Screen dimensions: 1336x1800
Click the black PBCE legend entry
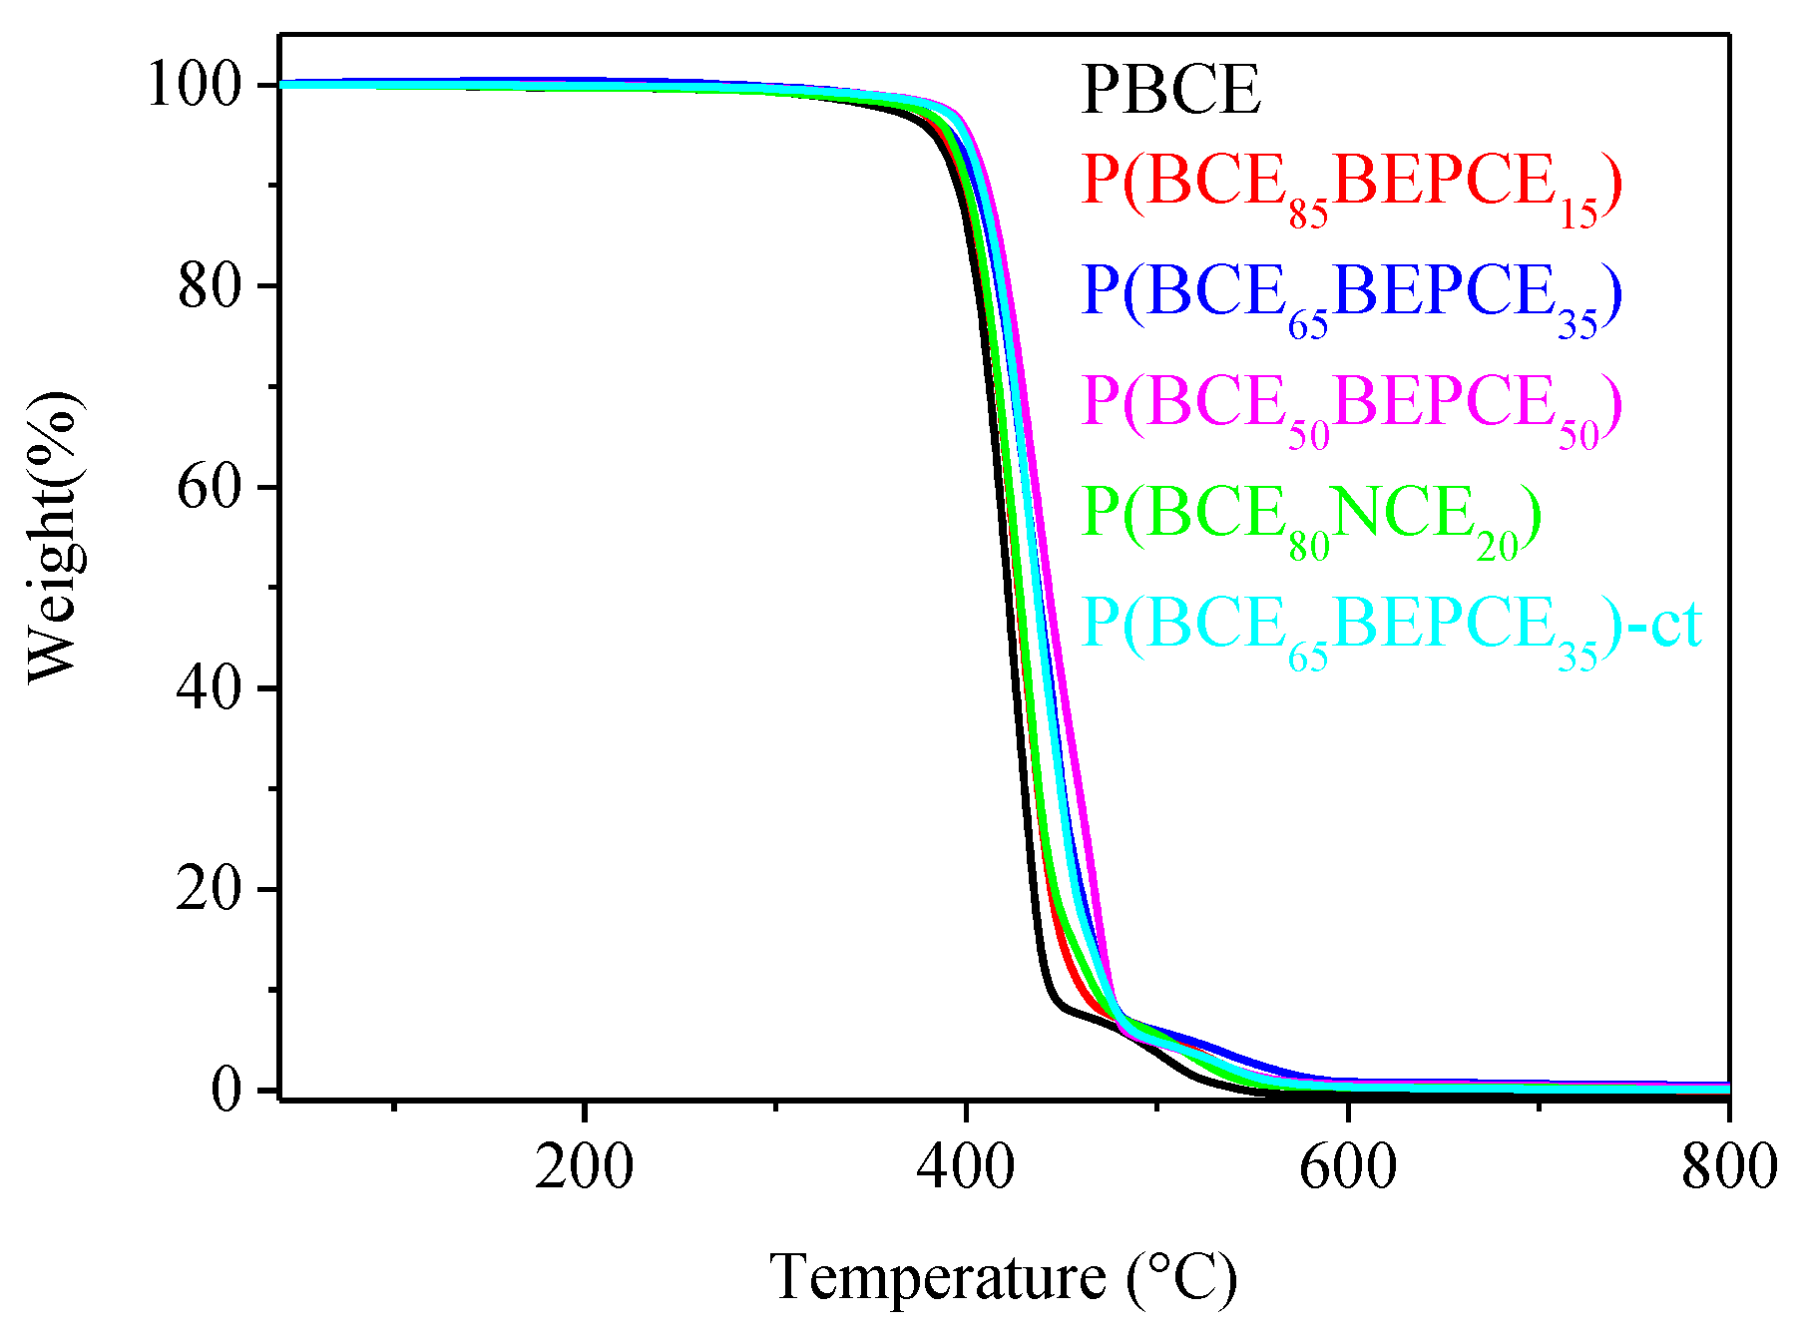pos(1170,90)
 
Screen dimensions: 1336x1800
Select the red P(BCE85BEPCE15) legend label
pos(1351,187)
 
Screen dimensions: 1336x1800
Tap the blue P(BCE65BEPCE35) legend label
pos(1351,296)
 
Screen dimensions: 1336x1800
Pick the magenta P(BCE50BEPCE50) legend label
pos(1351,407)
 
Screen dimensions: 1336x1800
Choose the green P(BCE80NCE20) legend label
pos(1311,519)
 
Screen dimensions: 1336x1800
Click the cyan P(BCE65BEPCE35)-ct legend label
pos(1391,629)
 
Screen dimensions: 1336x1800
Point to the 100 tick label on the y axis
pos(196,85)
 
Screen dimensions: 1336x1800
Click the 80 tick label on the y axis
pos(211,286)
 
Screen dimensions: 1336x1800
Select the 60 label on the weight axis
pos(211,488)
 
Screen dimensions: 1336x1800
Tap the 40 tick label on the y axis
pos(211,688)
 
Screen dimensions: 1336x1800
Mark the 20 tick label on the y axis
pos(211,889)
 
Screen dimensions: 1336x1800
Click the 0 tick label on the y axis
pos(227,1090)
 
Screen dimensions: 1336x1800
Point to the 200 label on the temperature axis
pos(584,1165)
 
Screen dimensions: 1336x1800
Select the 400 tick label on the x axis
pos(966,1165)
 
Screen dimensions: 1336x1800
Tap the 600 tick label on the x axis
pos(1348,1165)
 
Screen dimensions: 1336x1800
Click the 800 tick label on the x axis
pos(1729,1165)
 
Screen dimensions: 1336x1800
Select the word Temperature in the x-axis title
pos(938,1277)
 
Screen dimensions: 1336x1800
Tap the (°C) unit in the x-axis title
pos(1183,1277)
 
